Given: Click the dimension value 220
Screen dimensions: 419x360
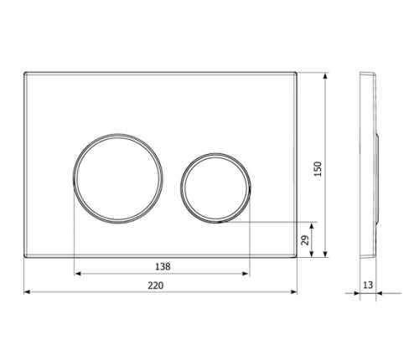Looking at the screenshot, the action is (156, 285).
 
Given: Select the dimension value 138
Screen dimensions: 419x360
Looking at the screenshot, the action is (163, 267).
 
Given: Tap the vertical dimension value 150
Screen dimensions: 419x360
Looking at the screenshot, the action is (318, 168).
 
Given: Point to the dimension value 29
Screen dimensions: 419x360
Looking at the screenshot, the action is (306, 240).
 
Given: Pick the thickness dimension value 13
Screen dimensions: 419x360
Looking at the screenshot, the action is (368, 285).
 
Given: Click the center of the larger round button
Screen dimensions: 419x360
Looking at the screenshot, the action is (117, 178).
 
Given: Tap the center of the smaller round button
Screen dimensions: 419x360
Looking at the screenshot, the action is (215, 188).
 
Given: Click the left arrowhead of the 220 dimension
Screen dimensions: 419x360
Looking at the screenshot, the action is (27, 292).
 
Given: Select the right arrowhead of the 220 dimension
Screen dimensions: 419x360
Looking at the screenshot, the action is (294, 292).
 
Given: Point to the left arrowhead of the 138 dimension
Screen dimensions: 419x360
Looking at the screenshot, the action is (78, 274).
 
